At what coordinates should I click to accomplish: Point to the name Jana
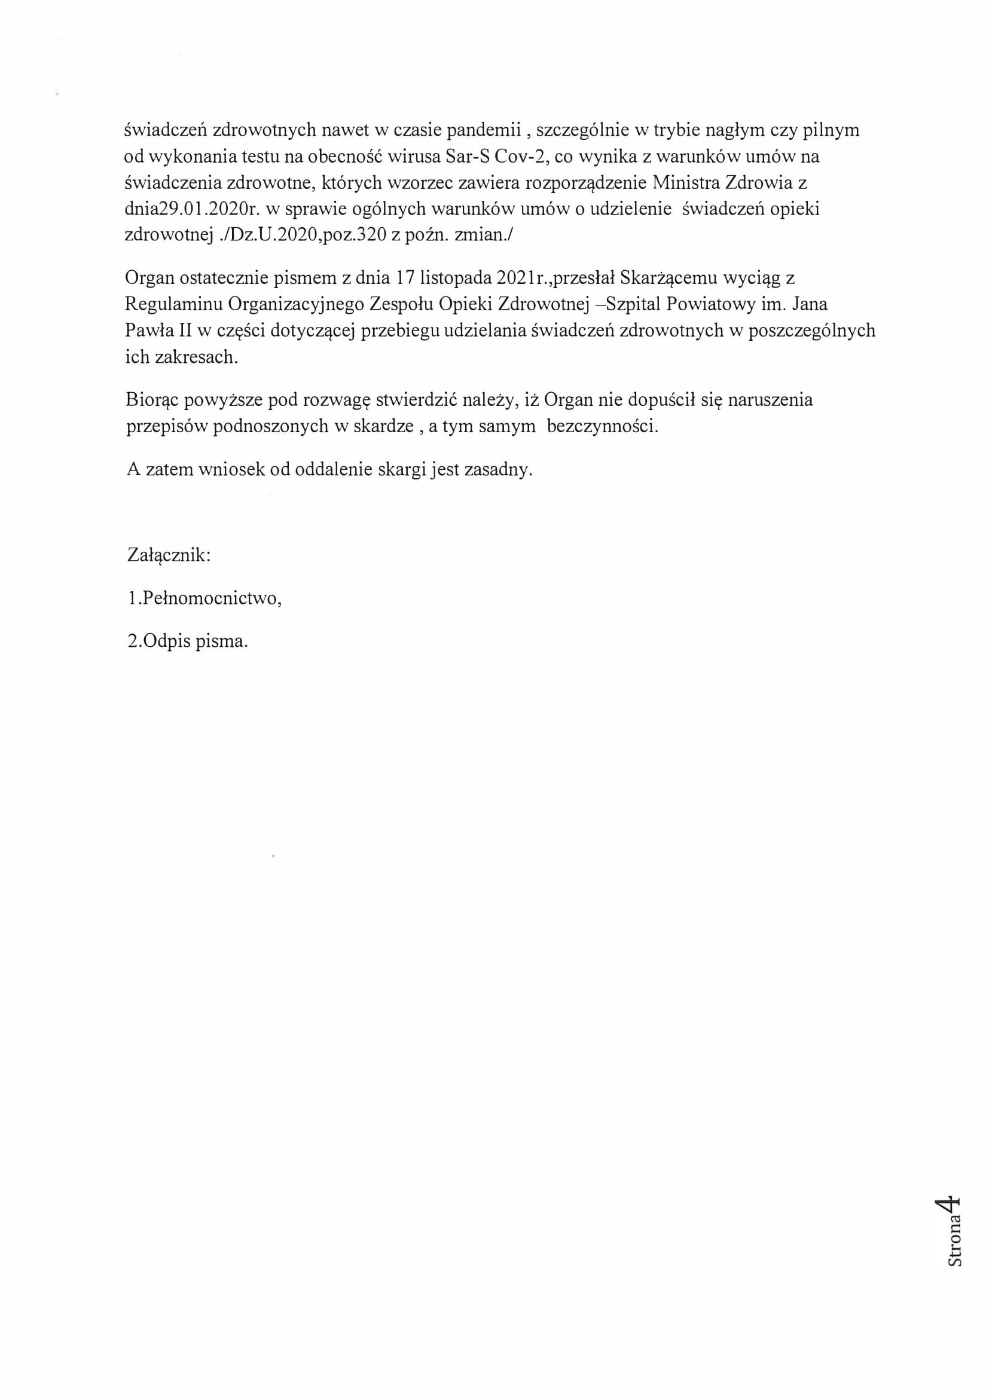click(x=810, y=304)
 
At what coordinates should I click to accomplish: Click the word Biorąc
click(x=152, y=400)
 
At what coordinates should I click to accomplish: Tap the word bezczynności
click(x=602, y=426)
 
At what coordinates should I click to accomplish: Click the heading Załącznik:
click(x=169, y=555)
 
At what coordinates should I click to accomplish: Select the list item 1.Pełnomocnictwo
click(x=204, y=598)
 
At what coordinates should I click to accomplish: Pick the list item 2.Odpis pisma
click(x=188, y=641)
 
